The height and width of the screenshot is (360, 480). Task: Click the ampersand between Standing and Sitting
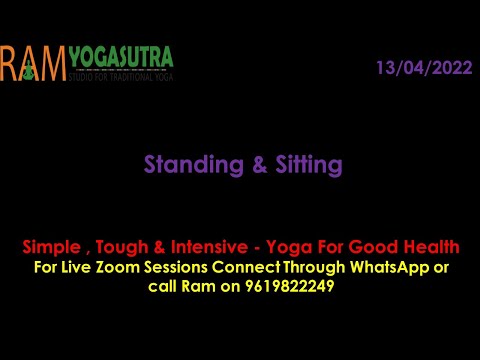click(244, 165)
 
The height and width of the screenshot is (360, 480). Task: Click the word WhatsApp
click(393, 267)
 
